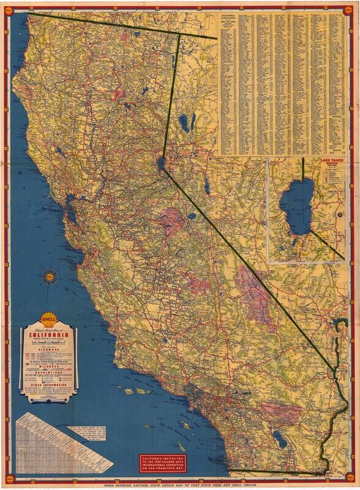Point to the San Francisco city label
54,208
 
